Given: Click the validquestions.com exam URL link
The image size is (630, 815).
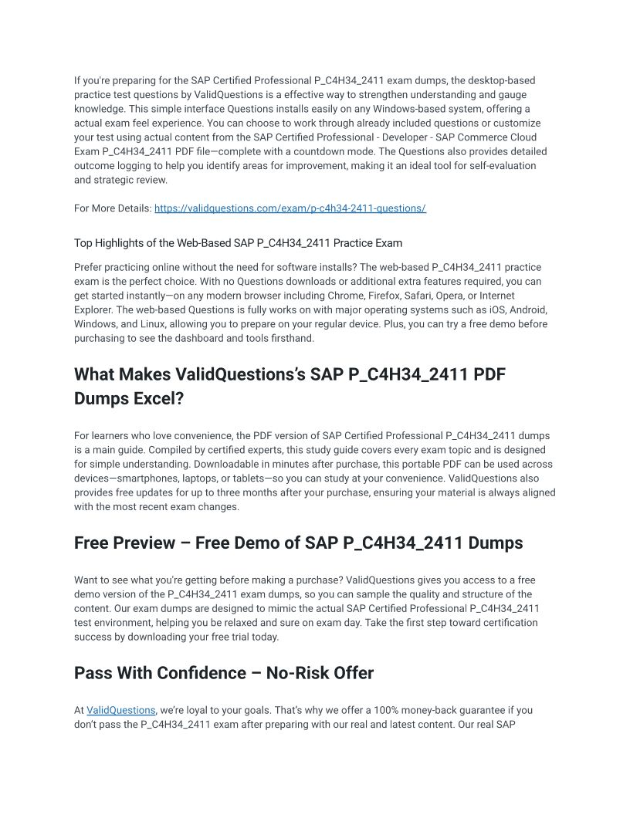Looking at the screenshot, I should click(x=290, y=208).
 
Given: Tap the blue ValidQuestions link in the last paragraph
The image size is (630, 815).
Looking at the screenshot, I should click(x=121, y=710).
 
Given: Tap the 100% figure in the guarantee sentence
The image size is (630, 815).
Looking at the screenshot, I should click(x=381, y=710).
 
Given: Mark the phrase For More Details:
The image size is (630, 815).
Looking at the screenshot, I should click(x=113, y=208).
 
